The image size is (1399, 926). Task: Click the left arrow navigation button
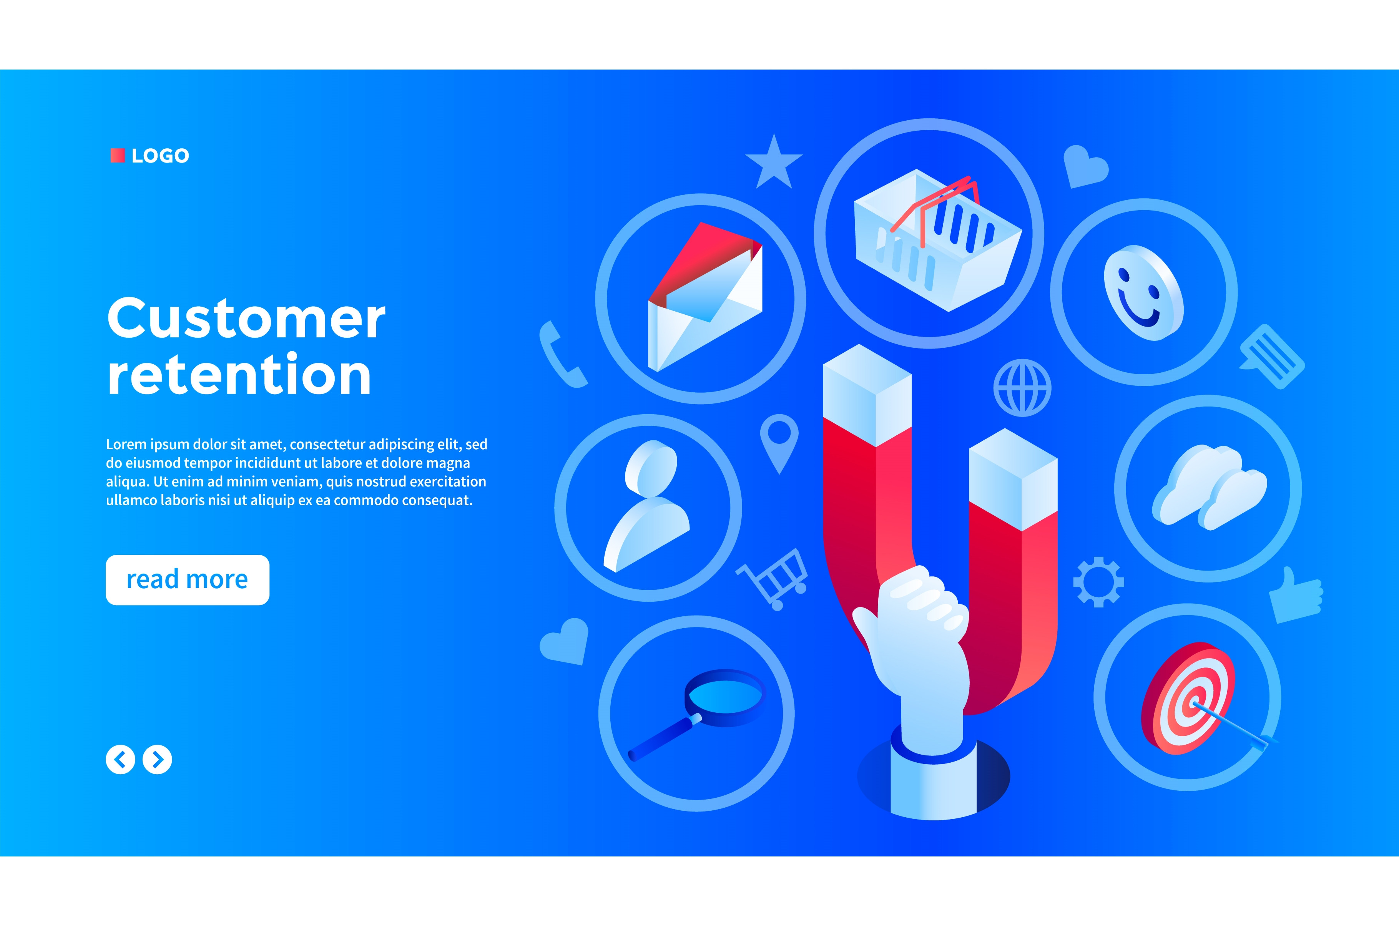point(120,760)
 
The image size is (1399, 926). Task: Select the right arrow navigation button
point(157,760)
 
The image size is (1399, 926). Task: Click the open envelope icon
point(705,297)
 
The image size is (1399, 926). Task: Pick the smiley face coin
point(1144,293)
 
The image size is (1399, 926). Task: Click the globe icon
point(1022,388)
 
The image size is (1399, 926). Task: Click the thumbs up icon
point(1296,595)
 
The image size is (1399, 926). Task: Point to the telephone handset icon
point(561,355)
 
